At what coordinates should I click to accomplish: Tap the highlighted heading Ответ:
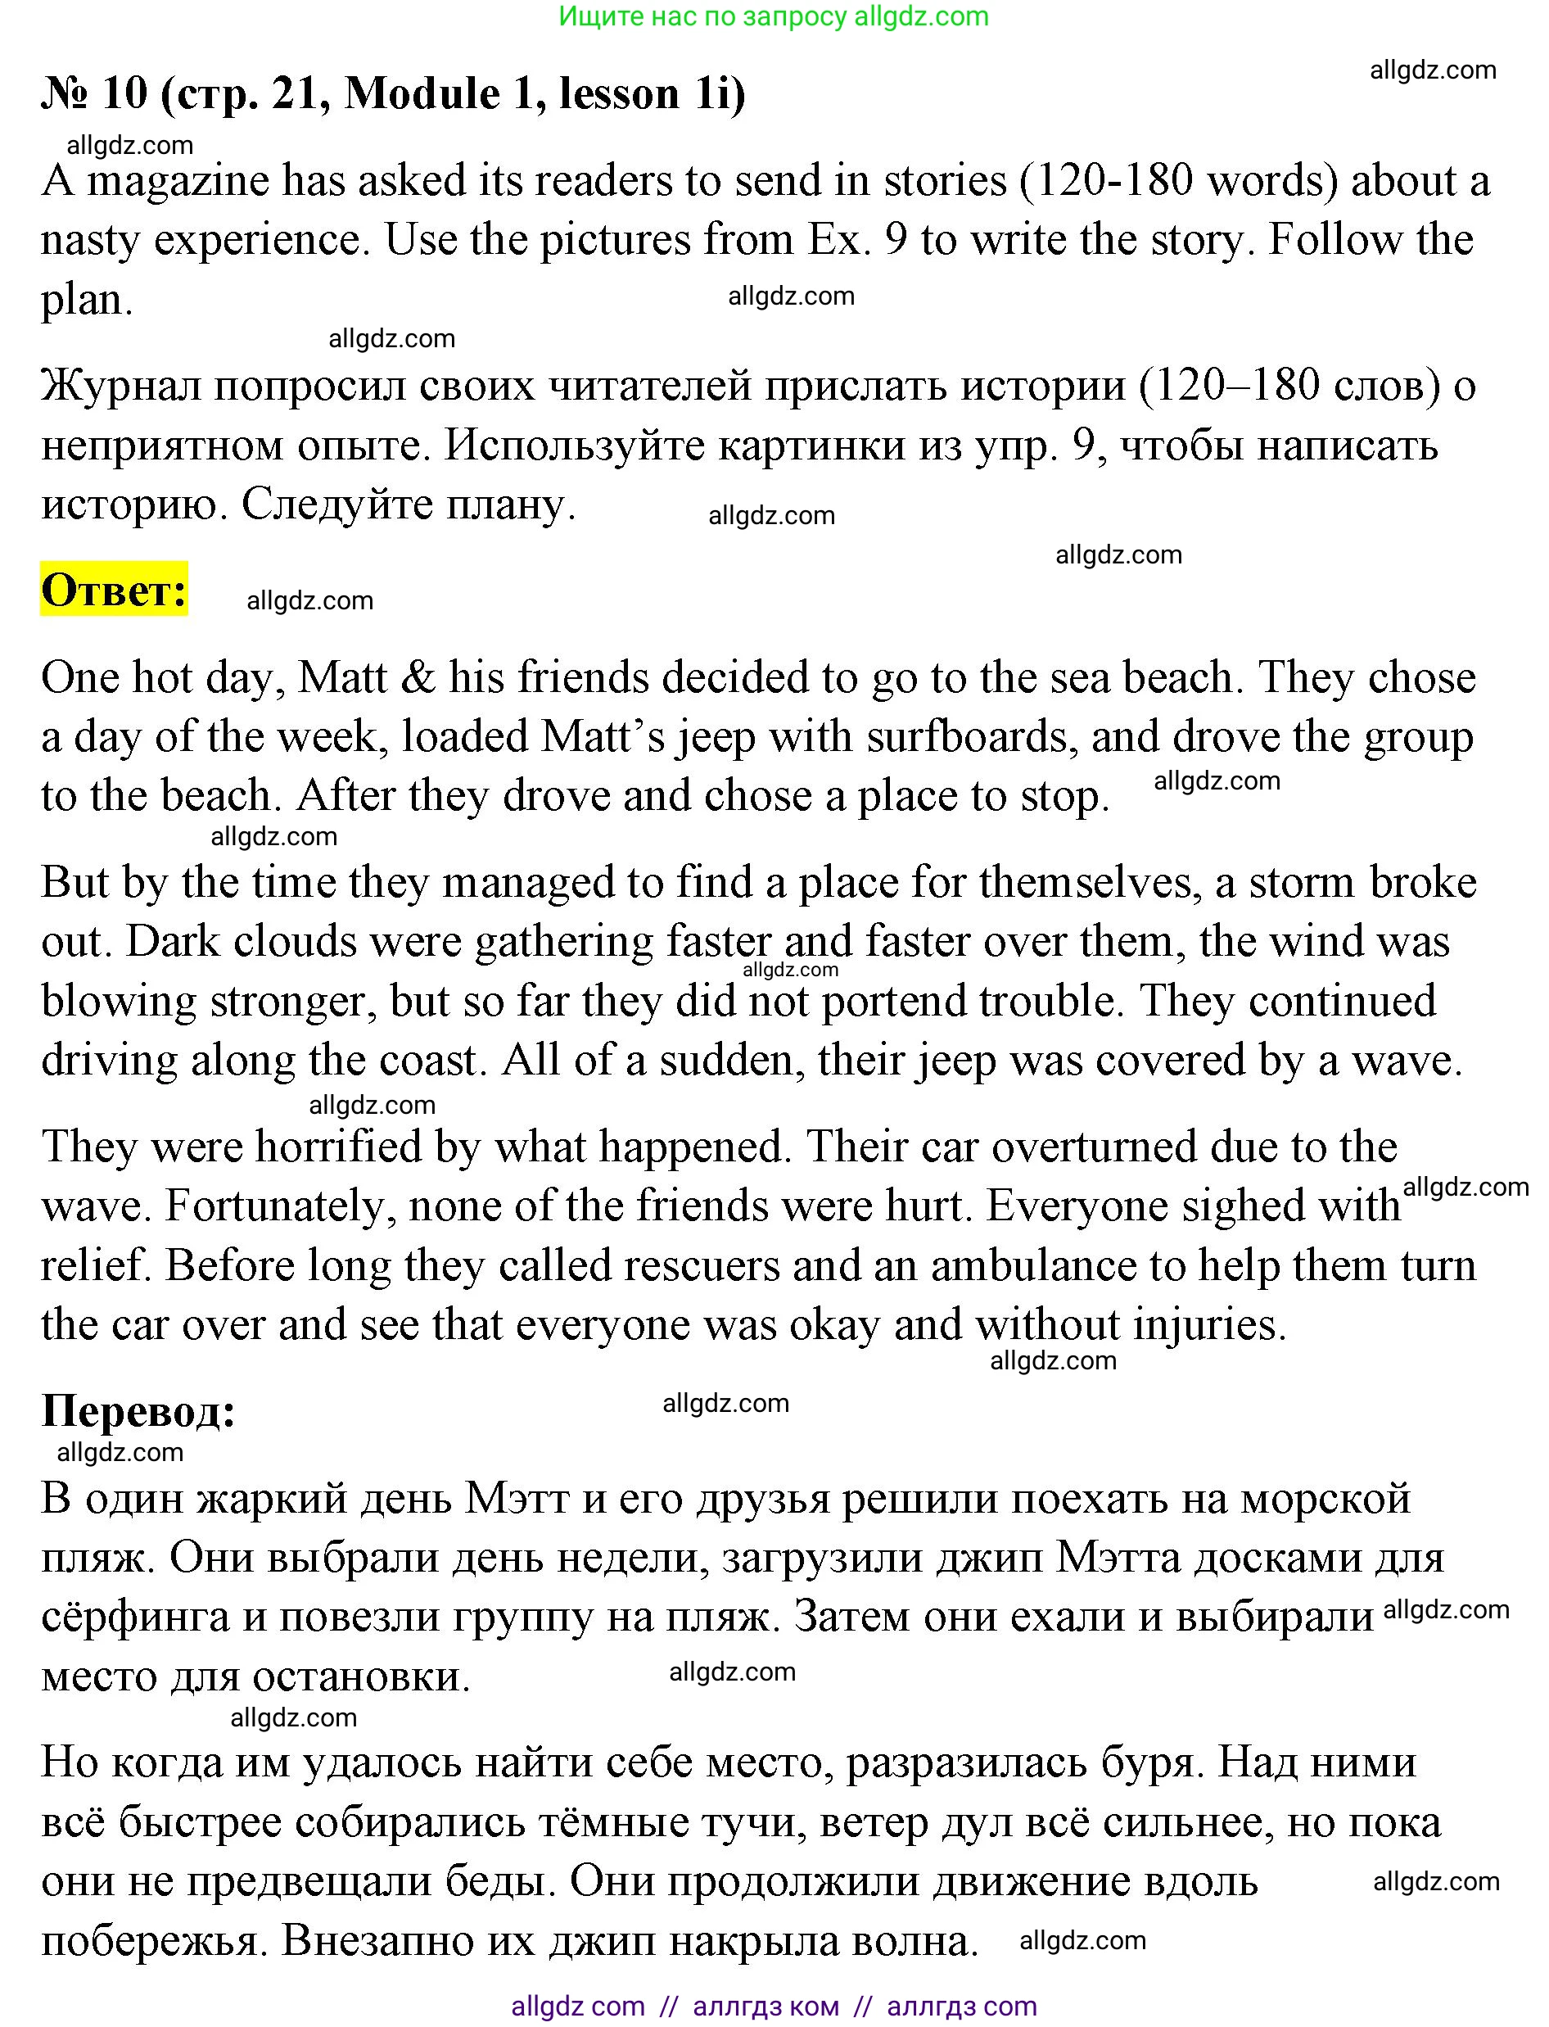pyautogui.click(x=115, y=590)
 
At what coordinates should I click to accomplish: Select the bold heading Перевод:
pyautogui.click(x=138, y=1411)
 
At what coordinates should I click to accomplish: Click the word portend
pyautogui.click(x=892, y=1002)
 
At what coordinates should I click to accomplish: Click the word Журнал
pyautogui.click(x=121, y=387)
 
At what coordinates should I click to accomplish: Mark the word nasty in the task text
pyautogui.click(x=89, y=241)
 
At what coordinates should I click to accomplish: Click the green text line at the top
pyautogui.click(x=774, y=16)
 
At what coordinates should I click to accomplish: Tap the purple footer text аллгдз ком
pyautogui.click(x=765, y=2006)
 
